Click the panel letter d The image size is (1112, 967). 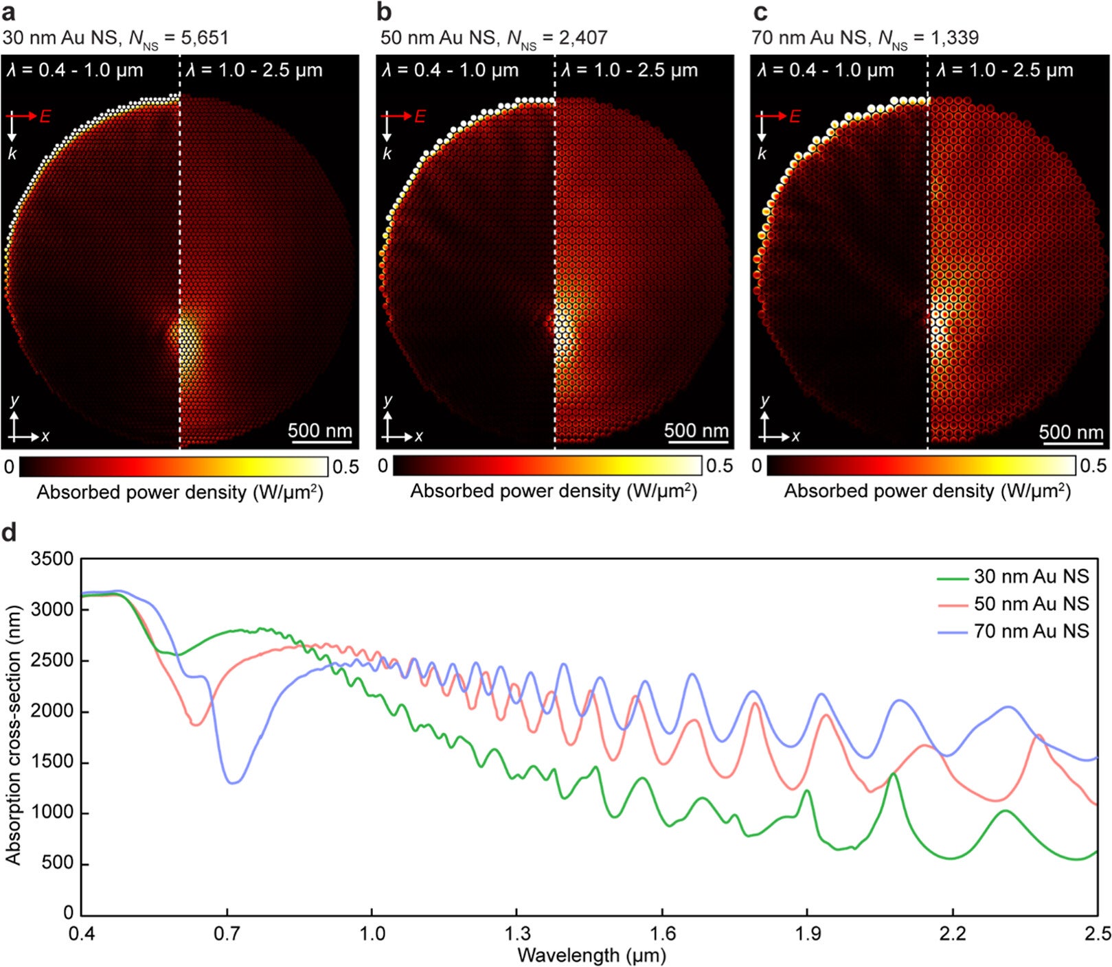[9, 533]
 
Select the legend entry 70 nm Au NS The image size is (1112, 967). [1030, 631]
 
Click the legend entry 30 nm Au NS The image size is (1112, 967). [1030, 576]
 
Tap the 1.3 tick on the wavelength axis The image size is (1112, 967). [517, 934]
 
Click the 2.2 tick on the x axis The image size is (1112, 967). [952, 934]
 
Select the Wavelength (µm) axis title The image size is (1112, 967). [591, 955]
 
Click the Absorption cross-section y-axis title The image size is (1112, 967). [12, 734]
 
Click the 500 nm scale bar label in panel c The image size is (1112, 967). [1071, 432]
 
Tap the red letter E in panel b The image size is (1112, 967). [420, 117]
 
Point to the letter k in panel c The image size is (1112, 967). [762, 154]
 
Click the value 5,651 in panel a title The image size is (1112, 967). [204, 37]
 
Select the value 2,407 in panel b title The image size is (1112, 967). [582, 37]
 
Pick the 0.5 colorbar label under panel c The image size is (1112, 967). [1093, 465]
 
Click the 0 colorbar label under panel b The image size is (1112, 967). [383, 465]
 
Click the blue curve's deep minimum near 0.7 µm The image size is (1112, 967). [234, 782]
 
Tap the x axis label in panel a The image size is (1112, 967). [45, 436]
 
